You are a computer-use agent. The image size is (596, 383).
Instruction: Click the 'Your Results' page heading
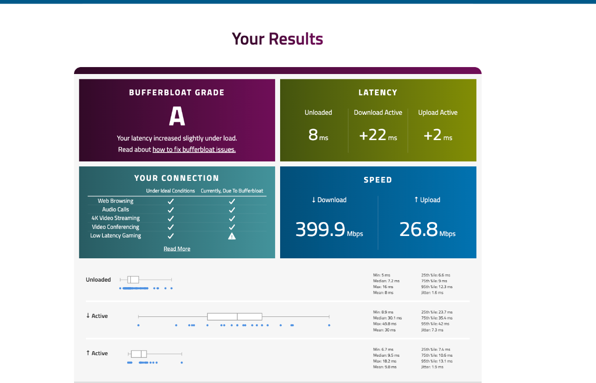277,39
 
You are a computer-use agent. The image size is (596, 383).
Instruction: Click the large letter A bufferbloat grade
177,117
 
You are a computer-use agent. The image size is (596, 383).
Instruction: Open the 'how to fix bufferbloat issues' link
194,150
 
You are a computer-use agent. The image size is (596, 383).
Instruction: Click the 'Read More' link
177,249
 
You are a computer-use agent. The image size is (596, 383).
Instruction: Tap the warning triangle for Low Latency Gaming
231,236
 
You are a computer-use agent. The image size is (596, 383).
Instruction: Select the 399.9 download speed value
320,230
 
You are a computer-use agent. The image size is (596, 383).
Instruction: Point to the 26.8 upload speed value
419,230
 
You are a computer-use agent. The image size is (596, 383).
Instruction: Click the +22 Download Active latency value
373,135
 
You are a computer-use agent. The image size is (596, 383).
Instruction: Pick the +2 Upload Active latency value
433,135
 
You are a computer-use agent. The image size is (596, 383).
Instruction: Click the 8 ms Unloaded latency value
313,135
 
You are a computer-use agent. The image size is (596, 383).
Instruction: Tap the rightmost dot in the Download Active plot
329,325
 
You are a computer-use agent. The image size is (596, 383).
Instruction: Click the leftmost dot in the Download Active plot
138,325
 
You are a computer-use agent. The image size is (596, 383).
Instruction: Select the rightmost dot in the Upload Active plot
182,363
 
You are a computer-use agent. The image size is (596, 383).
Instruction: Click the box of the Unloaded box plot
133,280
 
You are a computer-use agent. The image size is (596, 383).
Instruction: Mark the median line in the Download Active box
237,316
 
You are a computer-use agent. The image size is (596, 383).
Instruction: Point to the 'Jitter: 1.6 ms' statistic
432,293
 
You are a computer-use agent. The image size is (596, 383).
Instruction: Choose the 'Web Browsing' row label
115,201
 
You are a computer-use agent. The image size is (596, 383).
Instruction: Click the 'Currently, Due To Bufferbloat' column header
232,191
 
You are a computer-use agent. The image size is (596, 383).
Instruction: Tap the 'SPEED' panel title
378,180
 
